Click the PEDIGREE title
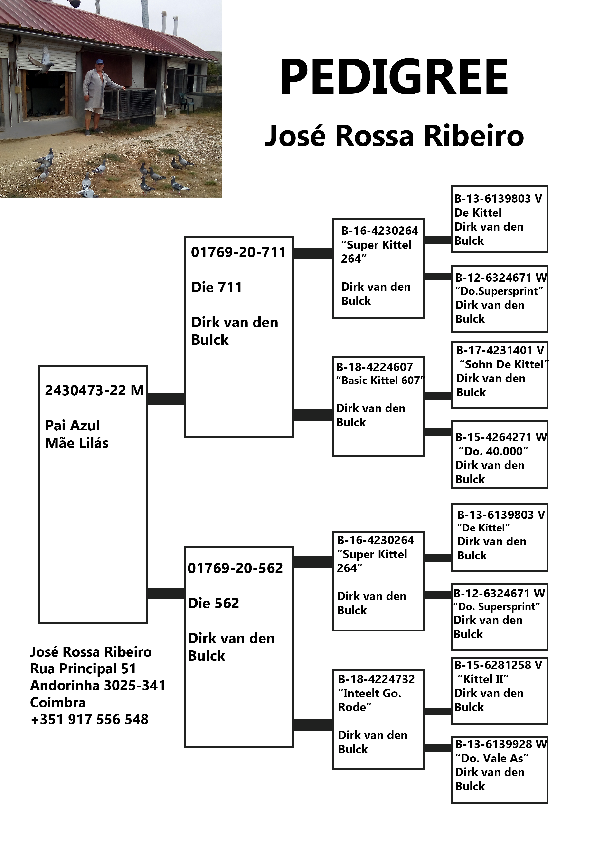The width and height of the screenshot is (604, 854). tap(394, 77)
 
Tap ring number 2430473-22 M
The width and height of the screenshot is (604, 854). tap(94, 390)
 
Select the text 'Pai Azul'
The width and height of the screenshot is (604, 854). tap(73, 425)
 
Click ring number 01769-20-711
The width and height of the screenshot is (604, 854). tap(238, 252)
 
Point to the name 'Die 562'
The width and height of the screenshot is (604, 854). tap(213, 603)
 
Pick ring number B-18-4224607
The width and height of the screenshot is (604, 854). tap(374, 367)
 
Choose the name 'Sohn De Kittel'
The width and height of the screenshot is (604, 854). tap(503, 364)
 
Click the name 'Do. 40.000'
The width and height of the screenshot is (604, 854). tap(493, 451)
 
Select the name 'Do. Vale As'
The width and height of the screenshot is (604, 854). tap(492, 758)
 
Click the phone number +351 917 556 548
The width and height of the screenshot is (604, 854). tap(90, 719)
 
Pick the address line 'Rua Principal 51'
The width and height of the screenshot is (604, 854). tap(83, 669)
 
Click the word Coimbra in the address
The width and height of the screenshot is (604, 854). tap(58, 703)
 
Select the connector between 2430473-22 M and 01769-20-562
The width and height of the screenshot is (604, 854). tap(166, 593)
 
